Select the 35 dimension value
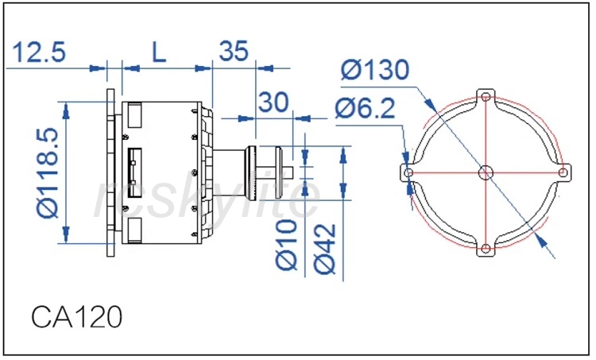click(x=234, y=52)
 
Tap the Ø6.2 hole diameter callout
click(x=365, y=108)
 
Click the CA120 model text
click(x=77, y=316)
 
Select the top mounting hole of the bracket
click(x=486, y=97)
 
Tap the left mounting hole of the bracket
click(x=408, y=172)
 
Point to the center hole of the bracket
click(x=486, y=172)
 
